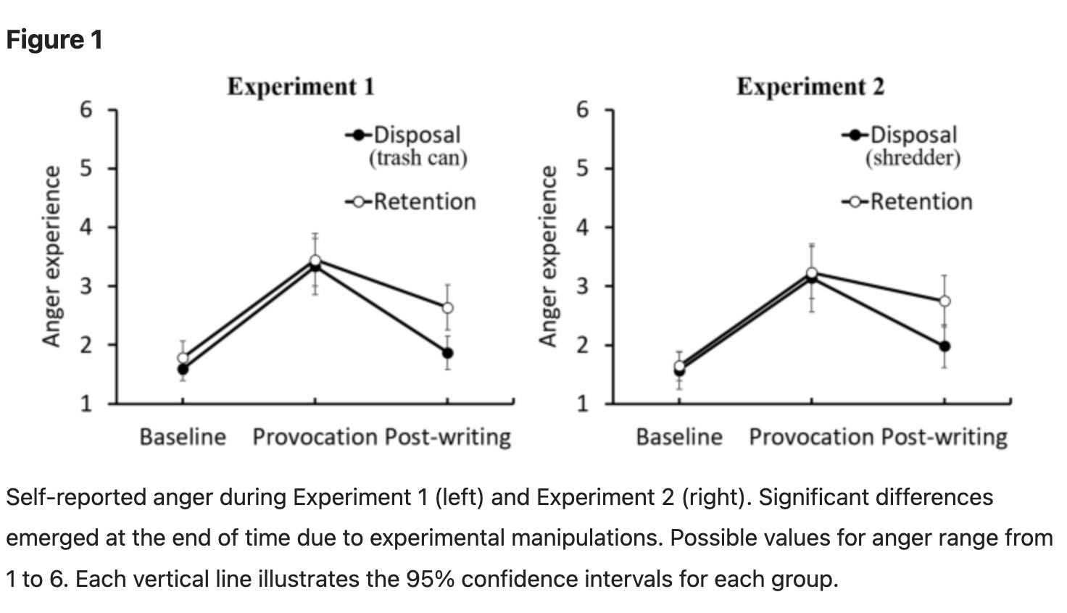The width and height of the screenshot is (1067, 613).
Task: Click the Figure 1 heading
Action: pyautogui.click(x=54, y=40)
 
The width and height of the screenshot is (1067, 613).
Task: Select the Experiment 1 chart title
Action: pyautogui.click(x=300, y=87)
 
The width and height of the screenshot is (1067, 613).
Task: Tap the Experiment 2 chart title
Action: pyautogui.click(x=810, y=87)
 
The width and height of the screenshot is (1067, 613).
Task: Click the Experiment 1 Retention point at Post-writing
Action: pyautogui.click(x=447, y=307)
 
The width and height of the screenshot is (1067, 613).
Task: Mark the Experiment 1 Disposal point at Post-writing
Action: pyautogui.click(x=447, y=353)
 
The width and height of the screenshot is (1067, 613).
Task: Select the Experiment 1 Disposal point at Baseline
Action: pyautogui.click(x=183, y=369)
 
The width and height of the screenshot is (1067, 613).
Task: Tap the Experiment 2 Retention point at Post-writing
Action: pyautogui.click(x=944, y=301)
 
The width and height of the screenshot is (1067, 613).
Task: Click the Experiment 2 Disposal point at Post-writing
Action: pyautogui.click(x=944, y=346)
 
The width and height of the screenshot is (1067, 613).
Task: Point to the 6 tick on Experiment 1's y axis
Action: pyautogui.click(x=87, y=110)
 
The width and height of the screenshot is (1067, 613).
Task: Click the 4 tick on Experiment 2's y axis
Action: pyautogui.click(x=584, y=228)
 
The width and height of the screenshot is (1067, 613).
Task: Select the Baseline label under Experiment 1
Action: pyautogui.click(x=183, y=437)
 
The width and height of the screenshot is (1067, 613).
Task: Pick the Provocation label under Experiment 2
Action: pyautogui.click(x=811, y=437)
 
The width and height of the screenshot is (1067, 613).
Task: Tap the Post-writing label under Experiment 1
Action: pyautogui.click(x=447, y=437)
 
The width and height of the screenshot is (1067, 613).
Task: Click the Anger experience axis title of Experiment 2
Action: pyautogui.click(x=548, y=257)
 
